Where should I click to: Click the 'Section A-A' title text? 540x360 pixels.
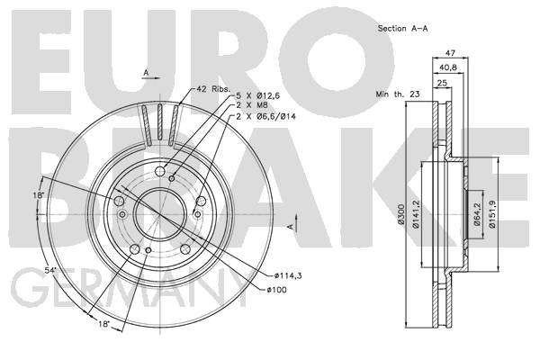[x=402, y=29]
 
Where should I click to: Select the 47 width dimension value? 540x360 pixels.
[x=451, y=53]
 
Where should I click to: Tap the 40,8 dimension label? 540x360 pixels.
[x=448, y=67]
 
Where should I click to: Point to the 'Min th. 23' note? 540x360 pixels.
[x=398, y=94]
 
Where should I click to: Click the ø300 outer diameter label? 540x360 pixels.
[x=400, y=214]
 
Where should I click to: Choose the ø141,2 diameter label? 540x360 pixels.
[x=415, y=214]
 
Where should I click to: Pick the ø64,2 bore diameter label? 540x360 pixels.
[x=477, y=214]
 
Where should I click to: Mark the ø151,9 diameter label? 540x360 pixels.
[x=492, y=214]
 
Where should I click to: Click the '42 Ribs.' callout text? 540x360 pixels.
[x=212, y=89]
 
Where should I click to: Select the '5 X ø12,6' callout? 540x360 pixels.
[x=258, y=96]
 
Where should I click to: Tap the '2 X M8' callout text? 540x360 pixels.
[x=252, y=105]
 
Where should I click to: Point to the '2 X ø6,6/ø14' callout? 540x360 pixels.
[x=265, y=117]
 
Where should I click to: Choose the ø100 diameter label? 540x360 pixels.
[x=276, y=290]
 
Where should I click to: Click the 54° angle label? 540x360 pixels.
[x=50, y=271]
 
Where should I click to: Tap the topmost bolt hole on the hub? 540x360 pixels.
[x=160, y=171]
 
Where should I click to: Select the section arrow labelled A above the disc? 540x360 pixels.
[x=151, y=77]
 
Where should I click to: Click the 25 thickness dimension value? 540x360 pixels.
[x=442, y=83]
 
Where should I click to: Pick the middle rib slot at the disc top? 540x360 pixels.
[x=160, y=122]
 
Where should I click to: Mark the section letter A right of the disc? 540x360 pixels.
[x=292, y=226]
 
